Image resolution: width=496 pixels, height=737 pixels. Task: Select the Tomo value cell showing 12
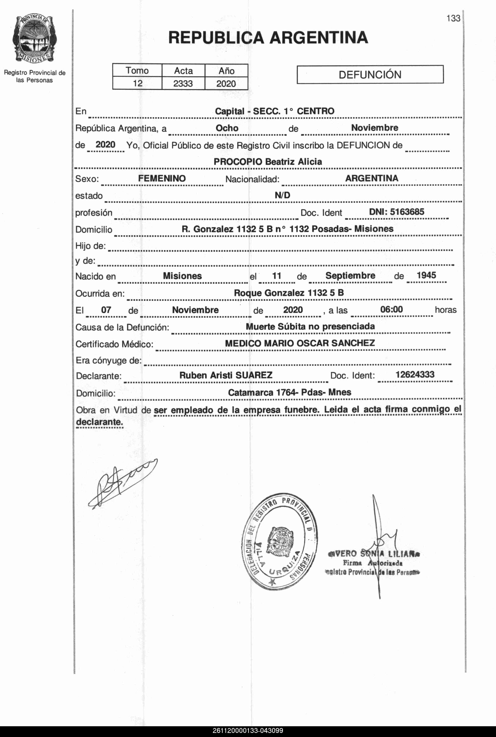137,83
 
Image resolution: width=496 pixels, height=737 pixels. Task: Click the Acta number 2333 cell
183,83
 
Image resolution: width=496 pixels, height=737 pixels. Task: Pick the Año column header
226,71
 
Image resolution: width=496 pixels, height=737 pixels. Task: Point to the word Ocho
227,128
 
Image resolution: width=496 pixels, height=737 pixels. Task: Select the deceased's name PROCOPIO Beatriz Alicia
268,162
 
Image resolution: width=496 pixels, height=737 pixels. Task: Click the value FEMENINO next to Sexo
162,178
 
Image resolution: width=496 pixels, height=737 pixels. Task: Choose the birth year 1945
426,275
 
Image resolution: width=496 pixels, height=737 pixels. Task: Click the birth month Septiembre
350,276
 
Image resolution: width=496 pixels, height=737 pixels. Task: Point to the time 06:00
391,309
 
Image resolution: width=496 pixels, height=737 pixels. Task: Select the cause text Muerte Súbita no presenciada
310,326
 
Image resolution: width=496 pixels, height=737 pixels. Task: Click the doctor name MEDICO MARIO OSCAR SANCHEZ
300,343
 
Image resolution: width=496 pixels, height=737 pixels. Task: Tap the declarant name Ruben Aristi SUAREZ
226,375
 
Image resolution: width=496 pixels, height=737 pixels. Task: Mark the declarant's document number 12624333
415,375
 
